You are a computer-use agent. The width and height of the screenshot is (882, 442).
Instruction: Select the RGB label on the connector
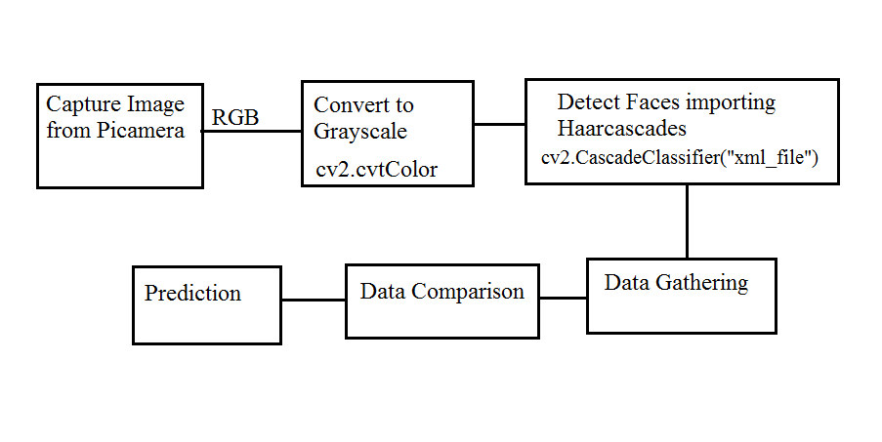235,118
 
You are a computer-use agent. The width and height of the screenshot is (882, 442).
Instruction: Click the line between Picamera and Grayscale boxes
251,132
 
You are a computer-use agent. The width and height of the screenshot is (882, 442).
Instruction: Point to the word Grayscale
360,131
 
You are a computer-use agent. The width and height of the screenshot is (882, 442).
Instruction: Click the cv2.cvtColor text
376,170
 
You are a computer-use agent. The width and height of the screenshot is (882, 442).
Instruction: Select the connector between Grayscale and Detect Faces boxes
500,124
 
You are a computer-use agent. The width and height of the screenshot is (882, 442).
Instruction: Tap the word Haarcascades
622,128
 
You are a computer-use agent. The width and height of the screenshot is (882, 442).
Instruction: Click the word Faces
645,101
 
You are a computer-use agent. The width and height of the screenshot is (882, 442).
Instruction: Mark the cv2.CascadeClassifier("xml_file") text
679,155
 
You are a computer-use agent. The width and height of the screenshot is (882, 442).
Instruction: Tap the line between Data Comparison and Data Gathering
563,298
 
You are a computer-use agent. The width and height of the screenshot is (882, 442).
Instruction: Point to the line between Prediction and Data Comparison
314,300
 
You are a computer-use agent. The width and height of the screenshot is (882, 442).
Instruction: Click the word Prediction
192,293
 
